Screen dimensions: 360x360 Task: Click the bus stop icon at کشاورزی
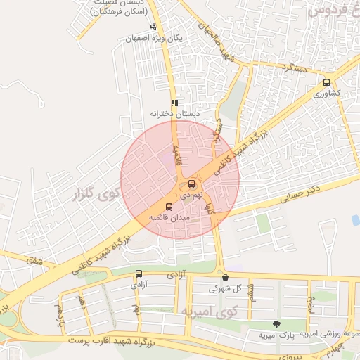(x=326, y=82)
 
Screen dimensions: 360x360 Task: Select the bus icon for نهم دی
(x=191, y=185)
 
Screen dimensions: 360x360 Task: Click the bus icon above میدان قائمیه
(x=169, y=207)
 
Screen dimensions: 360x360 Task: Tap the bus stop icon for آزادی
(x=138, y=274)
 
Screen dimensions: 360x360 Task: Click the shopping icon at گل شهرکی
(x=225, y=278)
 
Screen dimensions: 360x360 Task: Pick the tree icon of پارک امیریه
(x=276, y=324)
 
